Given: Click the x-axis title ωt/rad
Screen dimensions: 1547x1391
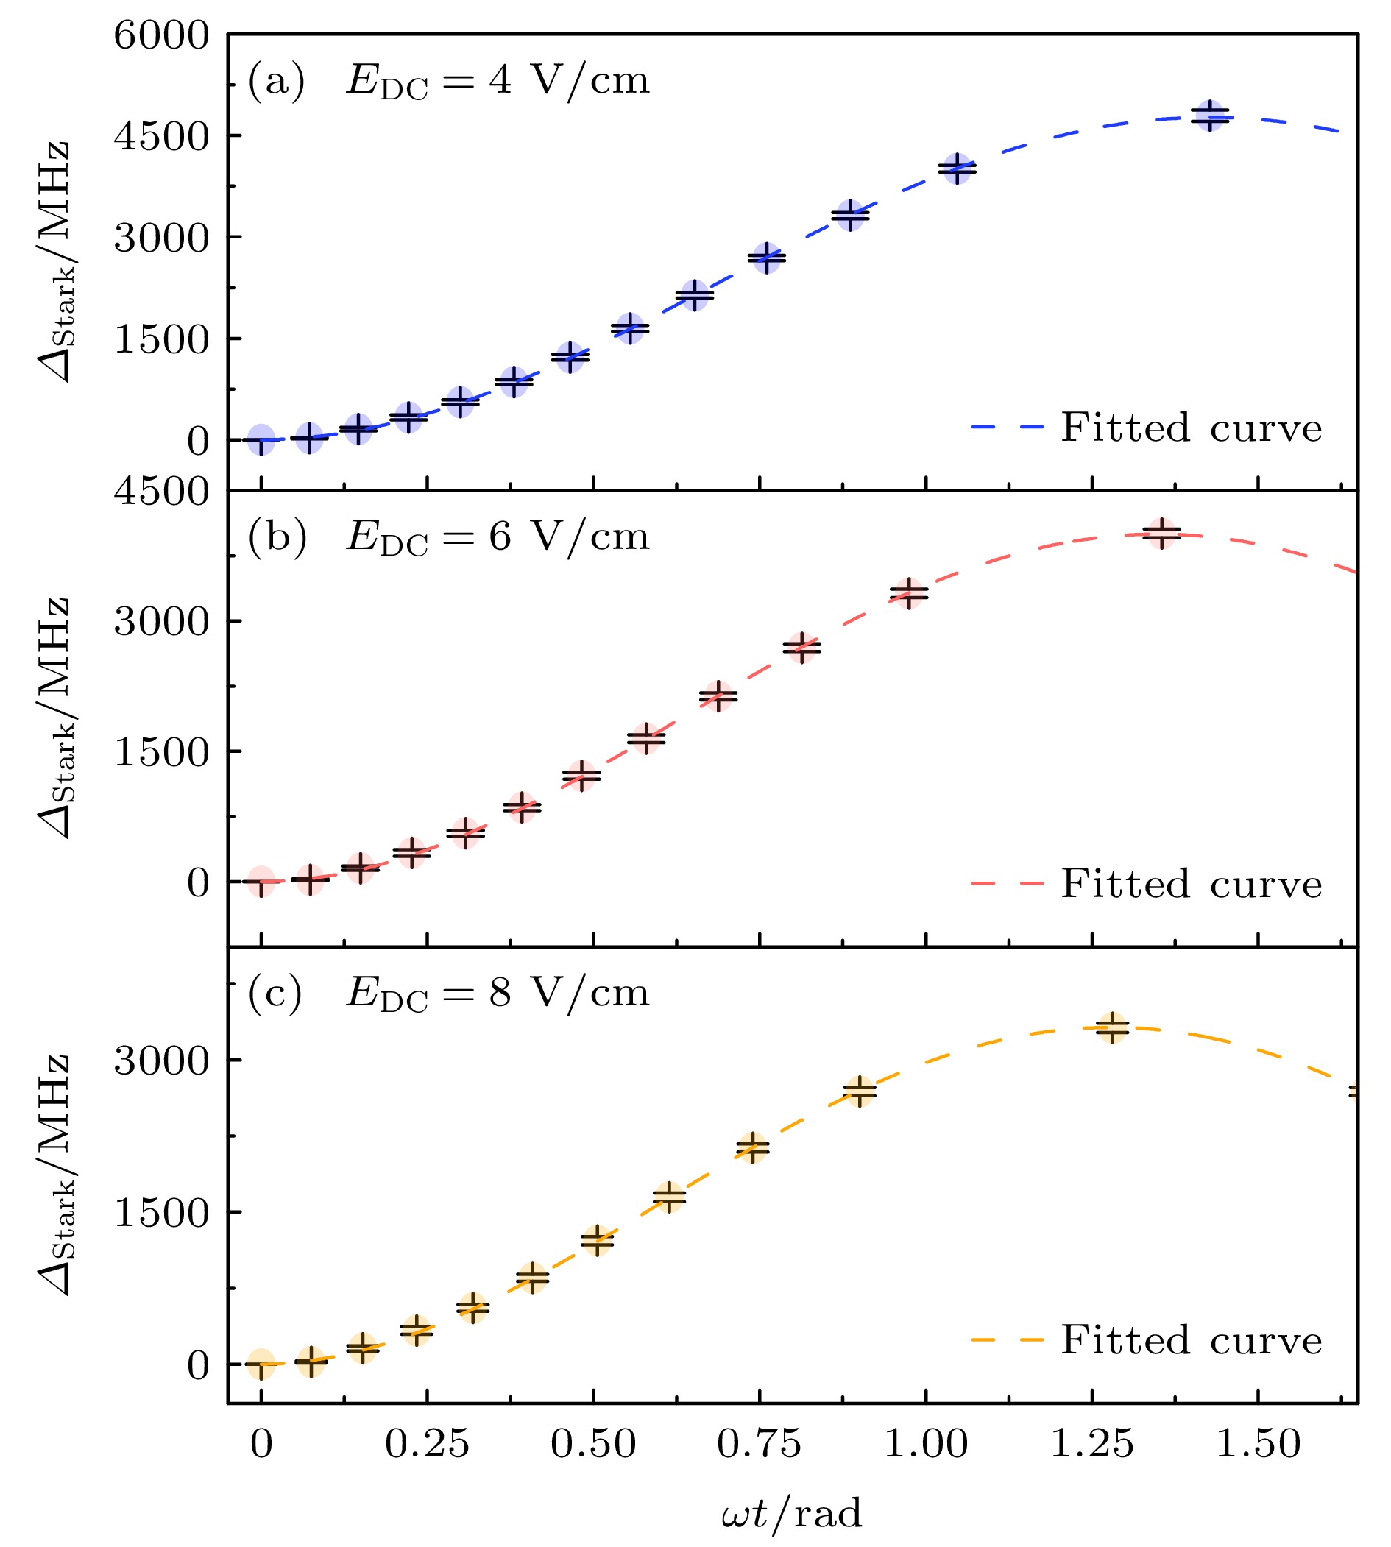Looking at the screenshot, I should tap(791, 1514).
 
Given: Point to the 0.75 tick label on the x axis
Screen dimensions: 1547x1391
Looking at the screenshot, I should tap(759, 1445).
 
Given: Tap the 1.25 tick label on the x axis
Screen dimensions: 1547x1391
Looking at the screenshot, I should tap(1092, 1445).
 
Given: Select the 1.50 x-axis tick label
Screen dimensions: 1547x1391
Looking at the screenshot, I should tap(1258, 1445).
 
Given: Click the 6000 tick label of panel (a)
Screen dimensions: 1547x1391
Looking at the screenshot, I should tap(161, 35).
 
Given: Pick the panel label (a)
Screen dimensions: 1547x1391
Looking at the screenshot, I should tap(276, 80).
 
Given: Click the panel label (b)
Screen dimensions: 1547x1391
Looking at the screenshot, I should tap(277, 537).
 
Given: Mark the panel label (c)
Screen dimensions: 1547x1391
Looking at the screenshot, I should tap(275, 993).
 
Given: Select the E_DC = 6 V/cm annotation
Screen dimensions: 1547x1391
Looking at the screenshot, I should tap(497, 537).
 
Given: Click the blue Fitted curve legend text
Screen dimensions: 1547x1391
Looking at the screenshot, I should tap(1191, 428).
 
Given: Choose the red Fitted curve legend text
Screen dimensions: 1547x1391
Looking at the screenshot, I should tap(1191, 884).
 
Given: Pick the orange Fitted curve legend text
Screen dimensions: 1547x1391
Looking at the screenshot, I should tap(1191, 1340).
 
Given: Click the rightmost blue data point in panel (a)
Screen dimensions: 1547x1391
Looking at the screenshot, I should tap(1210, 116).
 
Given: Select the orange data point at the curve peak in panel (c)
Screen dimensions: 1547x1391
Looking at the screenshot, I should tap(1113, 1027).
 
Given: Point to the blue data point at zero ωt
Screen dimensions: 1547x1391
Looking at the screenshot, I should tap(261, 439).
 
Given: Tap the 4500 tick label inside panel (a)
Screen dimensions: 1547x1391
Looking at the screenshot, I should tap(161, 137).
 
